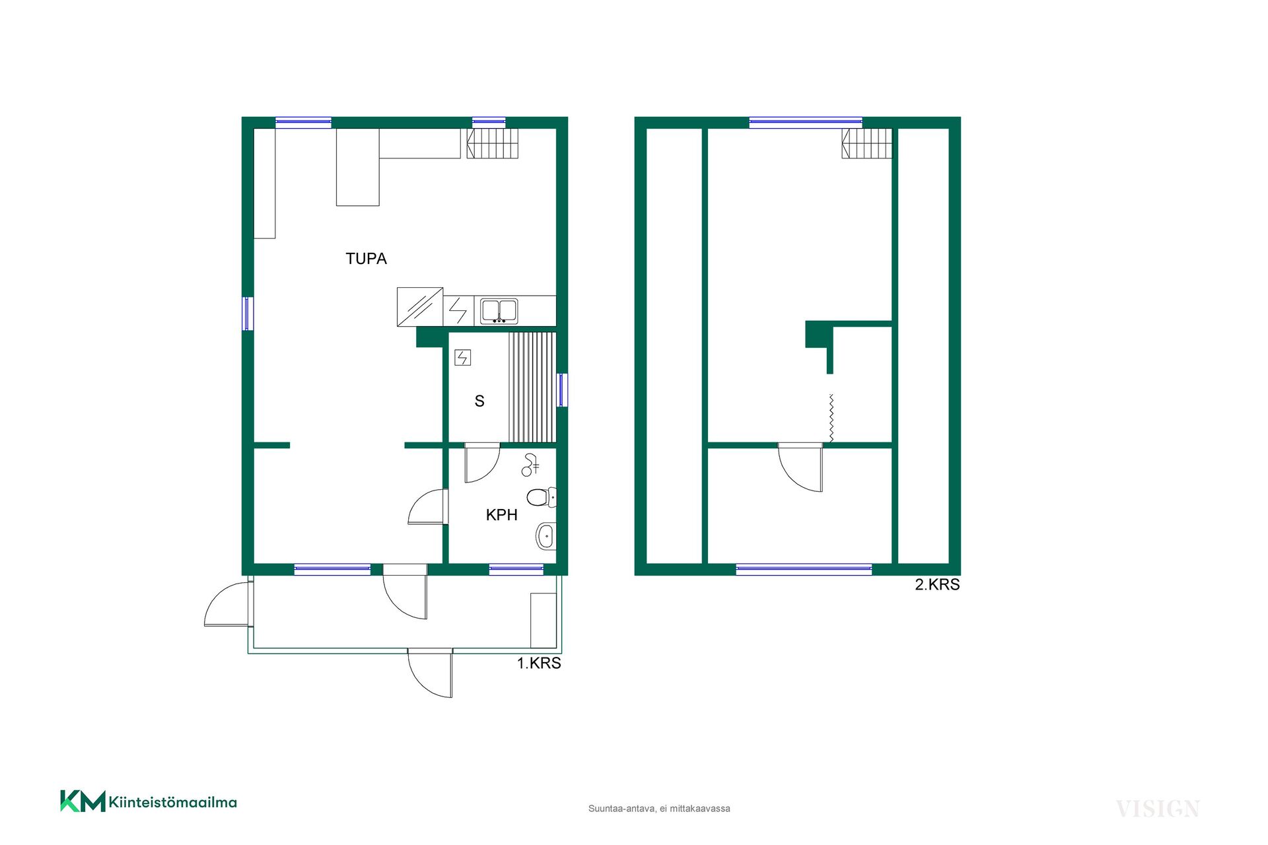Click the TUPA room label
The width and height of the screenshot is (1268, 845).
(366, 259)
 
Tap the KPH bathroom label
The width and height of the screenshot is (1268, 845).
(501, 515)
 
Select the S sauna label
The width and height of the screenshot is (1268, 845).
(479, 401)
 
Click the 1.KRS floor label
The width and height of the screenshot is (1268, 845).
(539, 663)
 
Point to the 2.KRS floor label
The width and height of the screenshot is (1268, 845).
(937, 584)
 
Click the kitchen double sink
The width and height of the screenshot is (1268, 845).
(499, 311)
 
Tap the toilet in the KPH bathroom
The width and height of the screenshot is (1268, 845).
(542, 497)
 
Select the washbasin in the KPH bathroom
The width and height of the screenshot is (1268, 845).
(546, 536)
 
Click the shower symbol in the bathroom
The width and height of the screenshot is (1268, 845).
(530, 465)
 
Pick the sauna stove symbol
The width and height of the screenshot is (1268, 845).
(462, 358)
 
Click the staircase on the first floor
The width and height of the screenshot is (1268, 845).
(492, 143)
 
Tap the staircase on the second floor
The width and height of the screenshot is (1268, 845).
(866, 143)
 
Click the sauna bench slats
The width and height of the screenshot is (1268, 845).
(532, 387)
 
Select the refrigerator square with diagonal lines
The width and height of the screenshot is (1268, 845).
(420, 306)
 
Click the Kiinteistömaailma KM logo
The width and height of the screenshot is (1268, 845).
(149, 801)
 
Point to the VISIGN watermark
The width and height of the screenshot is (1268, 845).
(1158, 808)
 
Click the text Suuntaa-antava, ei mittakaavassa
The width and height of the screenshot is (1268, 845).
(659, 809)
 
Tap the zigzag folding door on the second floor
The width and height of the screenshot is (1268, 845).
(831, 418)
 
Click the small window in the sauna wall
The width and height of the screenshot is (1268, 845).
(561, 389)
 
